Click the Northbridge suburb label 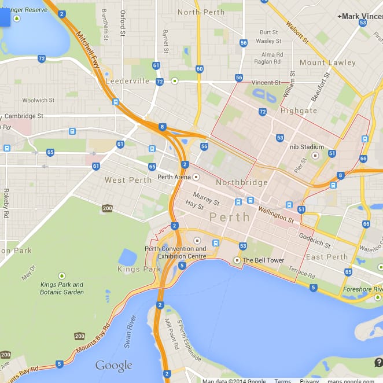[x=241, y=182]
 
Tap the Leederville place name [x=127, y=82]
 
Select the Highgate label [x=299, y=111]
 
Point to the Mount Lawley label [x=327, y=62]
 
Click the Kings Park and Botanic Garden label [x=62, y=288]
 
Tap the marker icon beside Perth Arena [x=196, y=177]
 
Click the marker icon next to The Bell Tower [x=237, y=260]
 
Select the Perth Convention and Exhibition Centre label [x=175, y=252]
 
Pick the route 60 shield [x=200, y=69]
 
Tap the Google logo [x=113, y=366]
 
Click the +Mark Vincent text [x=359, y=16]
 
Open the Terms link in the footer [x=282, y=381]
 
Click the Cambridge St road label [x=24, y=116]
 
